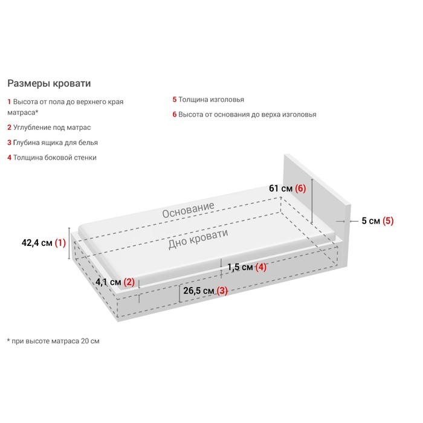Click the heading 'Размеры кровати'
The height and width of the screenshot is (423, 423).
(x=49, y=83)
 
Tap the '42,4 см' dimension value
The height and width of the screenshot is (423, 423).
(x=37, y=243)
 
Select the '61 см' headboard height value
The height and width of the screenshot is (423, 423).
(x=280, y=189)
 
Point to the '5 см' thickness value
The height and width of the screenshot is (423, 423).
(x=370, y=221)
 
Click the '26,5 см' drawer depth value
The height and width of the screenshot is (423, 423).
(x=199, y=291)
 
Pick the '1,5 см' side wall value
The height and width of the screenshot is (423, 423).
(x=240, y=267)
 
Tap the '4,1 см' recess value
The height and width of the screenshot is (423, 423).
(x=108, y=282)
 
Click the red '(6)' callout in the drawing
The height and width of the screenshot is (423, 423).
(x=300, y=189)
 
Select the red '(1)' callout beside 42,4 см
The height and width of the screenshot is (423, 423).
(x=60, y=243)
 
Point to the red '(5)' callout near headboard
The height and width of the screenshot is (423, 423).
(x=388, y=221)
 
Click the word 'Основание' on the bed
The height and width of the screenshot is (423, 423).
(x=189, y=210)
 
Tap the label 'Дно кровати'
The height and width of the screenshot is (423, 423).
(x=198, y=239)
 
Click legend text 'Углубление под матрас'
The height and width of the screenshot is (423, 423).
(x=52, y=128)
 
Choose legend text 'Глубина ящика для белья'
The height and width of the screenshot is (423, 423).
(x=56, y=143)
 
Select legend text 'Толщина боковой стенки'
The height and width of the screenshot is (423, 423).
(x=55, y=158)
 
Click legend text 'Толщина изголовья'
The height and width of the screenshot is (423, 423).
(x=211, y=100)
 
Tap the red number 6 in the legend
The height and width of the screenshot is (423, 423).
(x=175, y=114)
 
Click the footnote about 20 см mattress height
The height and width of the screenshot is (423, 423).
(x=53, y=341)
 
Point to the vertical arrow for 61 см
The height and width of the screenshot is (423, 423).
(x=312, y=201)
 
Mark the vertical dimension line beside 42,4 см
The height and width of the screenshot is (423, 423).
(x=69, y=244)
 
